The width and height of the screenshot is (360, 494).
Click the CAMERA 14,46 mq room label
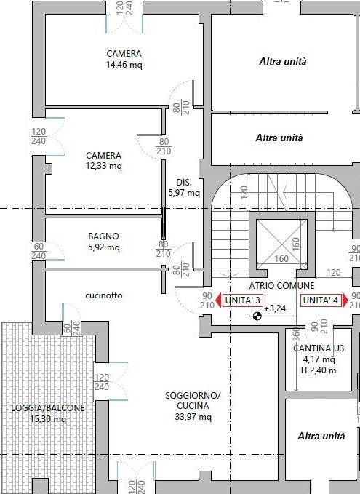pos(124,59)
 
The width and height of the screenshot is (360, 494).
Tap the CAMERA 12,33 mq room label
pos(103,160)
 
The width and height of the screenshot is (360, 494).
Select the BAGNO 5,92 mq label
pos(103,242)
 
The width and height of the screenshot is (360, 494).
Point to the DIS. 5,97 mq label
pos(184,188)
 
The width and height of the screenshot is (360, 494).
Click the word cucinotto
pos(103,295)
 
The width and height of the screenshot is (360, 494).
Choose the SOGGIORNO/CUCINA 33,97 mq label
pos(193,406)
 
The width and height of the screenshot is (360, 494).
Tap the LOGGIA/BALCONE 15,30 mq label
pos(48,413)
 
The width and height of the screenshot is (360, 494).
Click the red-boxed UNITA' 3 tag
pos(242,300)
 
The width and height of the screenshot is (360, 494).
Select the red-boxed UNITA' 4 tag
pos(321,300)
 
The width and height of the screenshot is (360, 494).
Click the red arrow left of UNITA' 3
pos(219,300)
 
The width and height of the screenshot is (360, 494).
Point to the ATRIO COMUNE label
pos(282,285)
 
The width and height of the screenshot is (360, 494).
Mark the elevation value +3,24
pos(275,308)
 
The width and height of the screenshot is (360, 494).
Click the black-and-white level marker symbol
pos(257,316)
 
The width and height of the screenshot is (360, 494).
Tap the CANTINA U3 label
pos(319,348)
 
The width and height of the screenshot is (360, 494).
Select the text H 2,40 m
pos(319,370)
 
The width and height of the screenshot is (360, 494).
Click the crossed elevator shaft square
pos(281,244)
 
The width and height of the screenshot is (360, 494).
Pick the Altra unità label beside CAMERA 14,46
pos(282,61)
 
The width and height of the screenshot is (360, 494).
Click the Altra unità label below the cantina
pos(321,436)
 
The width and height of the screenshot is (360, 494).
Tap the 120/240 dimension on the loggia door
pos(102,382)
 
